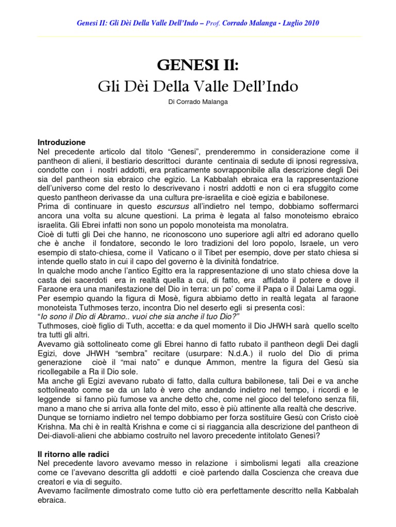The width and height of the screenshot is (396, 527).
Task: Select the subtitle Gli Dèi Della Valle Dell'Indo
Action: click(x=198, y=86)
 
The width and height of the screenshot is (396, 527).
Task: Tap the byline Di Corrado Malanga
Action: click(x=198, y=103)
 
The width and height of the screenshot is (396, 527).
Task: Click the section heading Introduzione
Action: click(x=62, y=142)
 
